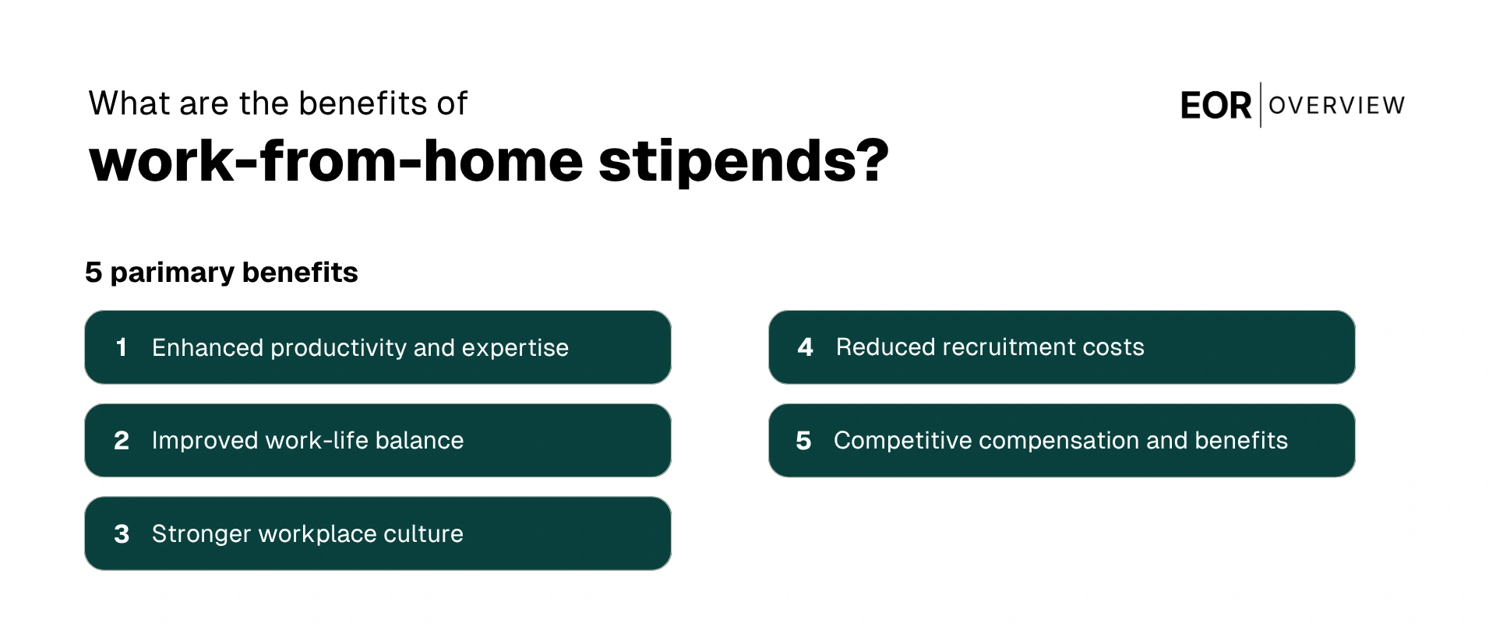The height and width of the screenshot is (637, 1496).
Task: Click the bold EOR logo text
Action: click(1215, 106)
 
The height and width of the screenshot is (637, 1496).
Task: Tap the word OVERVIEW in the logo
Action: click(1337, 105)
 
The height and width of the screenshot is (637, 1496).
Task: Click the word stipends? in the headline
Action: click(743, 161)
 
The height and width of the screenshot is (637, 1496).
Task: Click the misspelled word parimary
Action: click(172, 273)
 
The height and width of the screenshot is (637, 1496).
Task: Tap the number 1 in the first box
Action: click(121, 347)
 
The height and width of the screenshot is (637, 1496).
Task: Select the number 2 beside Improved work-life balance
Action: click(122, 441)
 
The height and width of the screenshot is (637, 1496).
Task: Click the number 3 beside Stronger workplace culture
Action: click(122, 534)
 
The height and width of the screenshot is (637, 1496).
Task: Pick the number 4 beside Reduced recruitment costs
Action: click(805, 347)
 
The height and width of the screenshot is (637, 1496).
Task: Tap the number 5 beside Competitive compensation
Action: click(803, 441)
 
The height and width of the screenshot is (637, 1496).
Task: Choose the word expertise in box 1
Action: click(515, 348)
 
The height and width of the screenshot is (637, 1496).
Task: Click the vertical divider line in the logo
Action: click(1261, 105)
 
